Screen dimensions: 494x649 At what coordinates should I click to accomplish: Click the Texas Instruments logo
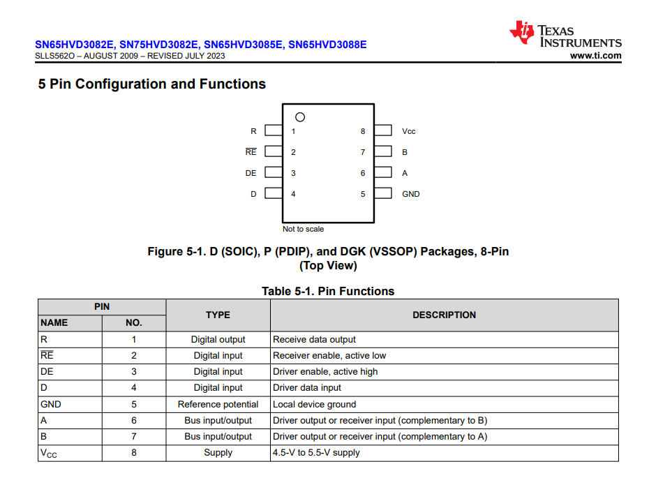tap(565, 35)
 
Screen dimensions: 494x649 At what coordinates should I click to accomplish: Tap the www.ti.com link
tap(595, 56)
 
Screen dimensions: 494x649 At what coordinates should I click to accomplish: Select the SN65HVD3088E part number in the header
tap(327, 45)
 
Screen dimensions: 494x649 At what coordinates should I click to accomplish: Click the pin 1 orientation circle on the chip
tap(300, 117)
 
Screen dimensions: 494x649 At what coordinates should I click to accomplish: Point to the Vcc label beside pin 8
tap(409, 131)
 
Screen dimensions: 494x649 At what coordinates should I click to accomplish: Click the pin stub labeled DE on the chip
tap(274, 173)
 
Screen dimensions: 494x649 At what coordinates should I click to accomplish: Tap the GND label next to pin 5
tap(411, 194)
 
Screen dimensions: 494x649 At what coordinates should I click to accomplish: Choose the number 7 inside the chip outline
tap(363, 152)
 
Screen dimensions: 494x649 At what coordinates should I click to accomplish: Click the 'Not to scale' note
tap(303, 229)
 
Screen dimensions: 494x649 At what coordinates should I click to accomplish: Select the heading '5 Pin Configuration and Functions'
tap(152, 84)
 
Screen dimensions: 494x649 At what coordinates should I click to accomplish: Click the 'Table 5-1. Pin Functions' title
tap(328, 291)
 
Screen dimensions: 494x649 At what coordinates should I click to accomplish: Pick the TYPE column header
tap(218, 315)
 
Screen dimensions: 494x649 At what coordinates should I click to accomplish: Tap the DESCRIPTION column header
tap(444, 315)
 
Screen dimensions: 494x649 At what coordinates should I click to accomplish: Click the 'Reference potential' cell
tap(218, 405)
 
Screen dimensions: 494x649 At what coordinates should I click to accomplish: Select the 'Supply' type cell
tap(218, 453)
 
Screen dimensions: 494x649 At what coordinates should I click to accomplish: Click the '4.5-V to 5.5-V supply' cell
tap(316, 453)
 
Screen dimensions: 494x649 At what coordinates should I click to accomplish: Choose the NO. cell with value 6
tap(134, 421)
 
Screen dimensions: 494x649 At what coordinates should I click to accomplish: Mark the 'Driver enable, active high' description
tap(325, 372)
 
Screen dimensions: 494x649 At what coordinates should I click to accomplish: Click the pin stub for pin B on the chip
tap(382, 152)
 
